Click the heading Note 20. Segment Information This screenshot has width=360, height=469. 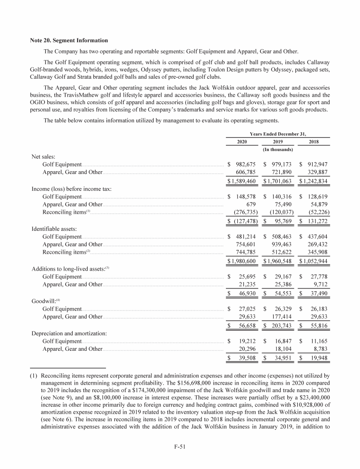[69, 40]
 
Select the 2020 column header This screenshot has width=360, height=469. [239, 142]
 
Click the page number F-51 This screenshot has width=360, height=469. [180, 446]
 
